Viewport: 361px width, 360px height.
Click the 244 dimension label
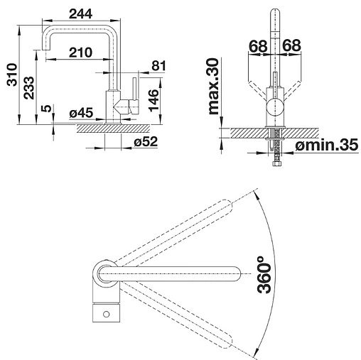80,14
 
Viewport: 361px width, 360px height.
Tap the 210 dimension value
80,53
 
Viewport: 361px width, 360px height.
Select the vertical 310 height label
12,75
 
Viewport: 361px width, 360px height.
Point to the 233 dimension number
29,87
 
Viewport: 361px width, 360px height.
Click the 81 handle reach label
158,65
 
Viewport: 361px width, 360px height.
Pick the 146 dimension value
153,100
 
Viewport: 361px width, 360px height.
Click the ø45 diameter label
81,113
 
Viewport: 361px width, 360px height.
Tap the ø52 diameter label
146,142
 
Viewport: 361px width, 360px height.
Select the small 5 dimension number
47,109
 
